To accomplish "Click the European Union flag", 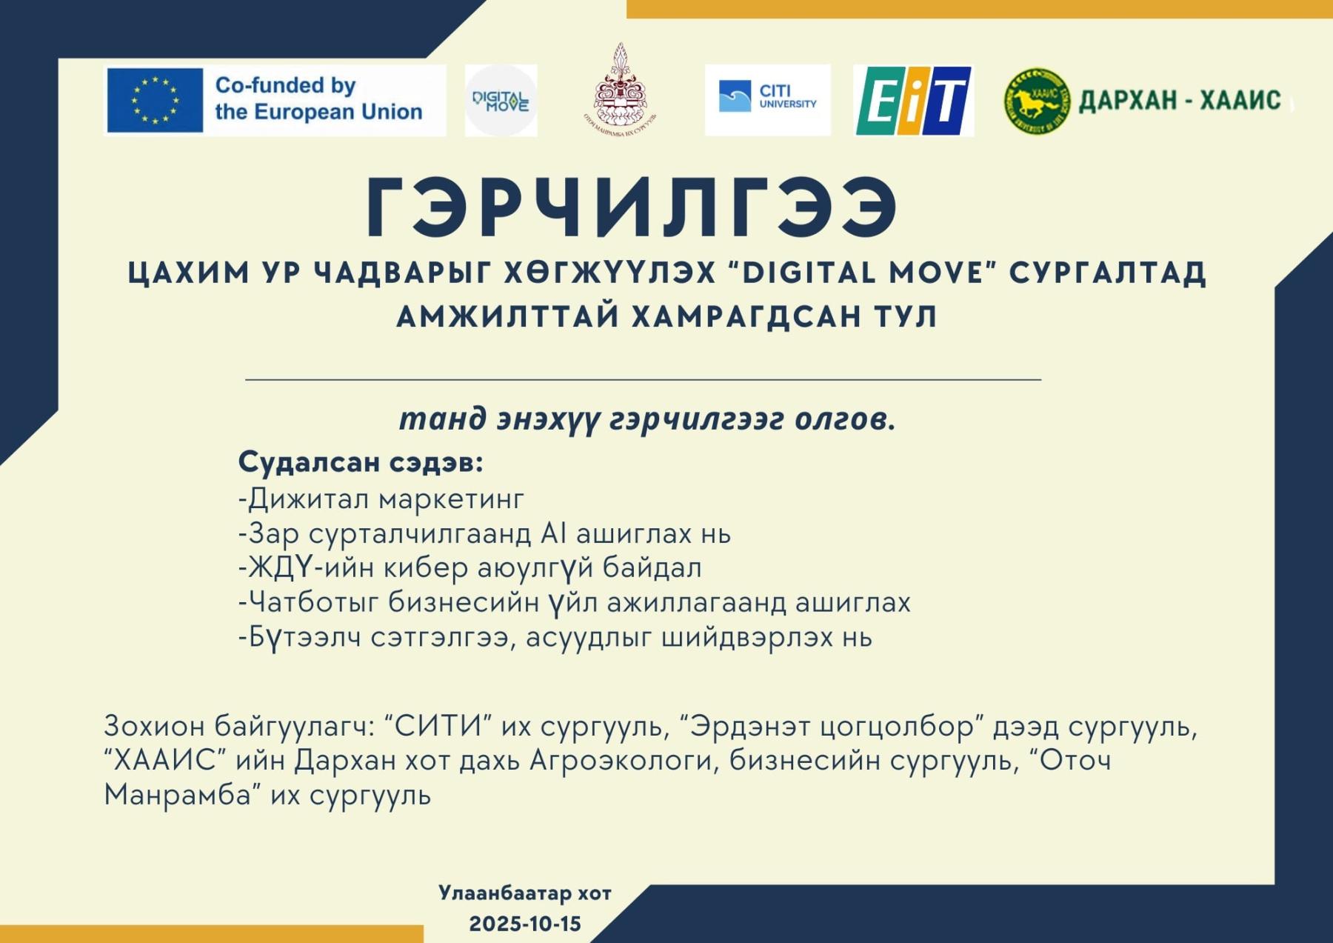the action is coord(155,100).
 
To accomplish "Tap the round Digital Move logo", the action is coord(501,100).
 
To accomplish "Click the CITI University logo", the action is coord(768,100).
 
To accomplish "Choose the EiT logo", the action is coord(914,101).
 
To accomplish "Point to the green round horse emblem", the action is coord(1037,101).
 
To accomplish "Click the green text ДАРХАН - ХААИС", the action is coord(1180,101).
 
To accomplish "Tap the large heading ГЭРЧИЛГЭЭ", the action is coord(632,208).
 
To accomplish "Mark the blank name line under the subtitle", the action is coord(643,379).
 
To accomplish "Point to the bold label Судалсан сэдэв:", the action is coord(361,463).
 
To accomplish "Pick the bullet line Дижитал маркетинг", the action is coord(381,499).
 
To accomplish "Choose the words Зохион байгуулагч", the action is coord(240,726).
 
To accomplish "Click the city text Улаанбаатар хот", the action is coord(525,893).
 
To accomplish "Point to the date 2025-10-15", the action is coord(525,924).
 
